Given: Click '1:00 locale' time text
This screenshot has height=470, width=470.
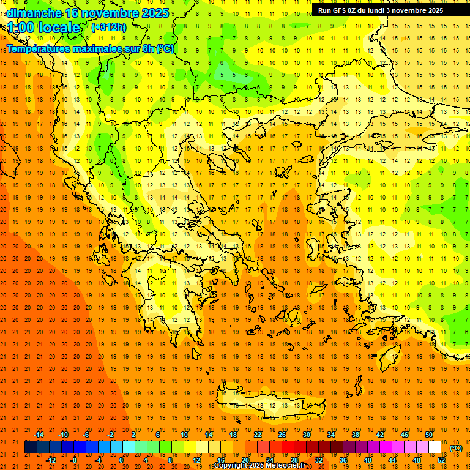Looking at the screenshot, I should tap(43, 28).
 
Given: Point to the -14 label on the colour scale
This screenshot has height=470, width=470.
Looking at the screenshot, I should tap(39, 435).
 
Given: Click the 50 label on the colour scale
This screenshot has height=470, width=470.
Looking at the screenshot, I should tap(429, 435).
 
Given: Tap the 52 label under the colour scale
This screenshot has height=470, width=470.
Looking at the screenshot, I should tap(441, 460).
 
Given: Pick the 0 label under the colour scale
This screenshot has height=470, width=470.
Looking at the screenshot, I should tap(121, 460).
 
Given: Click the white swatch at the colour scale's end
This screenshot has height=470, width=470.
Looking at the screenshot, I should tap(435, 447).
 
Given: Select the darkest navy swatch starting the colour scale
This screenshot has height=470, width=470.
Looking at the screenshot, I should tap(31, 447).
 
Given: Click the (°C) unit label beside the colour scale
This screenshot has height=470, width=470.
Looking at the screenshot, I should tap(456, 448).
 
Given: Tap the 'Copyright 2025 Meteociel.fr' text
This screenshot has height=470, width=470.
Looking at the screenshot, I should tap(259, 466).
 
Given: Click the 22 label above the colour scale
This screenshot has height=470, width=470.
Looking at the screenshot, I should tap(258, 435).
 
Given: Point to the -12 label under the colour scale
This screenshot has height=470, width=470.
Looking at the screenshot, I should tap(51, 460).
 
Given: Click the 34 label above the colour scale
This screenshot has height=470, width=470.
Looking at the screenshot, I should tap(331, 435).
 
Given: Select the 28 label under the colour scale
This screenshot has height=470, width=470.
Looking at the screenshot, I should tap(294, 460).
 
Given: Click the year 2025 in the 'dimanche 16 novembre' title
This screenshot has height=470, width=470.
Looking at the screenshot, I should tap(155, 12).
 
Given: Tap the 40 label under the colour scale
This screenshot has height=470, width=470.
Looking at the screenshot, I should tap(368, 460).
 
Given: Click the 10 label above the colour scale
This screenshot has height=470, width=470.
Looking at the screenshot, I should tap(184, 435).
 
